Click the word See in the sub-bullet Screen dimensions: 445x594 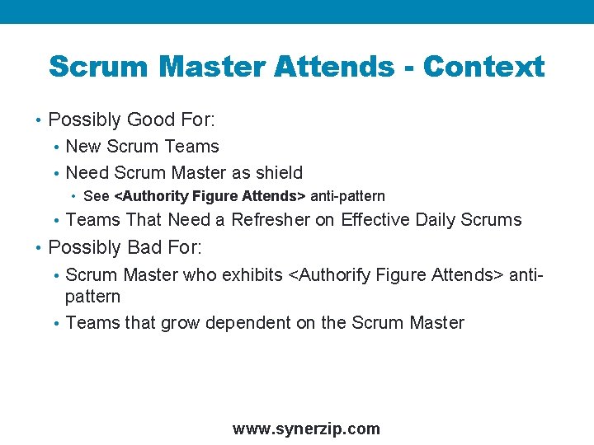97,196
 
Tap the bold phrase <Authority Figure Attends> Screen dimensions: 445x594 210,196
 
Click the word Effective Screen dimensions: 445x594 376,220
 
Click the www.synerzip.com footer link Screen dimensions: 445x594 306,429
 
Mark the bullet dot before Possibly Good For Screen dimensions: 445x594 39,120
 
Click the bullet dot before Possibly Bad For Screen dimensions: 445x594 39,248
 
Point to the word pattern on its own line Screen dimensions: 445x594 92,297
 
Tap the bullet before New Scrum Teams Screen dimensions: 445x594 55,148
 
